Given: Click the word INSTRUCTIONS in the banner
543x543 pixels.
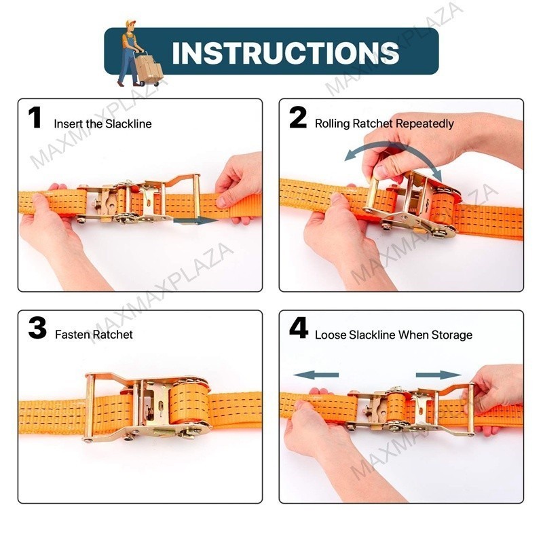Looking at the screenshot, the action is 286,52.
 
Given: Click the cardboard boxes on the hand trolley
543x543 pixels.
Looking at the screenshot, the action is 149,67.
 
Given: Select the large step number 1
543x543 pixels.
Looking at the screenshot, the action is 35,117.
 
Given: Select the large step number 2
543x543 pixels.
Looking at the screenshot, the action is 298,117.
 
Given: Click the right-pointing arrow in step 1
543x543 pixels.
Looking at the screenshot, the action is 195,221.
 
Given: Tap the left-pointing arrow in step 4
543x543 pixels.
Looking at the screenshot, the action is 316,375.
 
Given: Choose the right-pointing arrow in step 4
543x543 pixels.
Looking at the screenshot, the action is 438,375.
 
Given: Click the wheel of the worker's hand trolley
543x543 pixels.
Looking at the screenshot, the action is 142,83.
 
